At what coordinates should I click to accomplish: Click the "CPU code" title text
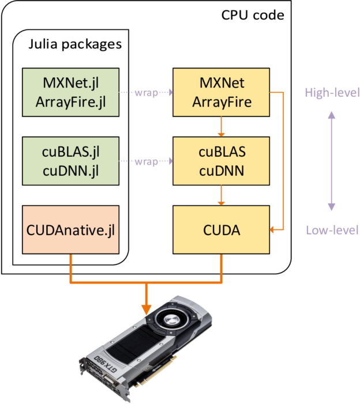253,15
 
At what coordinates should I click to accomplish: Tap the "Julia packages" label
75,44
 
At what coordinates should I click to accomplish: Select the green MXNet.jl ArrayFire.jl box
70,92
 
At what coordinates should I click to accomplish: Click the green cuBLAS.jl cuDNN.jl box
70,161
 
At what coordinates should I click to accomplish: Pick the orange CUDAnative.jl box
70,230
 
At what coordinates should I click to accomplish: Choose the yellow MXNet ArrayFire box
221,92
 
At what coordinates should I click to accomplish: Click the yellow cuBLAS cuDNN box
221,161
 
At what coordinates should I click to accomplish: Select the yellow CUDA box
221,230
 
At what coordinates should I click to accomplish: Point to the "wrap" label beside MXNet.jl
145,92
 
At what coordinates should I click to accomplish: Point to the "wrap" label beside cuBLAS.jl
145,161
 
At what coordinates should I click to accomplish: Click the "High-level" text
332,93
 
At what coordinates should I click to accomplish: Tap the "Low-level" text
332,231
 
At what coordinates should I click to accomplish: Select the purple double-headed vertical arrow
331,161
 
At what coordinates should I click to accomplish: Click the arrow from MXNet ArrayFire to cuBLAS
221,126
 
